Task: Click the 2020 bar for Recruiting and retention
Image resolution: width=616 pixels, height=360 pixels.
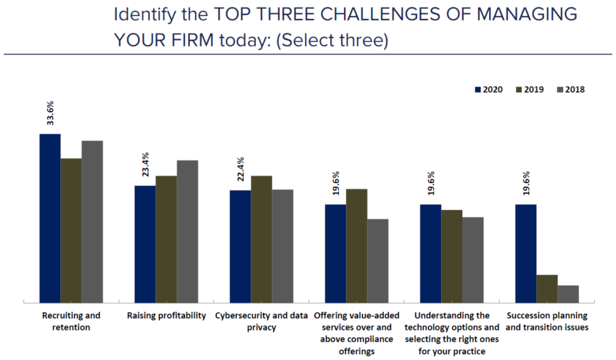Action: [x=50, y=218]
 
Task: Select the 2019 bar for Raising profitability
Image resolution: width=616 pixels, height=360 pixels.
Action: [x=166, y=238]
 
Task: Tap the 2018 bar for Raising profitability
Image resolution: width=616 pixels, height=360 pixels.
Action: [x=187, y=231]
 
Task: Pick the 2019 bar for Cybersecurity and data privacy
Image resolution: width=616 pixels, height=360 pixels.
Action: [x=261, y=238]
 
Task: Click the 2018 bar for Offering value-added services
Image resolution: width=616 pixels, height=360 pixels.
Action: [x=378, y=260]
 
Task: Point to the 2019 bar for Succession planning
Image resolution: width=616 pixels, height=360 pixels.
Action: [x=546, y=288]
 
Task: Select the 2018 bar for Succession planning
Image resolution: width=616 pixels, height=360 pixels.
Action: [x=568, y=293]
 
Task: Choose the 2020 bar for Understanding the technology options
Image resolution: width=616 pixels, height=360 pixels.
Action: [x=430, y=253]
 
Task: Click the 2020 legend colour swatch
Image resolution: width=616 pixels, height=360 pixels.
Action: [x=478, y=90]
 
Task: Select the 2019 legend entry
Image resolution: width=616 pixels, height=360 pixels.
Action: [x=529, y=90]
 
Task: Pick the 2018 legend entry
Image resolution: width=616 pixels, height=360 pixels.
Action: [x=570, y=90]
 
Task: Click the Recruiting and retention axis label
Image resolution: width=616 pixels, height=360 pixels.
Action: [x=71, y=321]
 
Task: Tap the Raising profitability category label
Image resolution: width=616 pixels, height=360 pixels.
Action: [x=166, y=316]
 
